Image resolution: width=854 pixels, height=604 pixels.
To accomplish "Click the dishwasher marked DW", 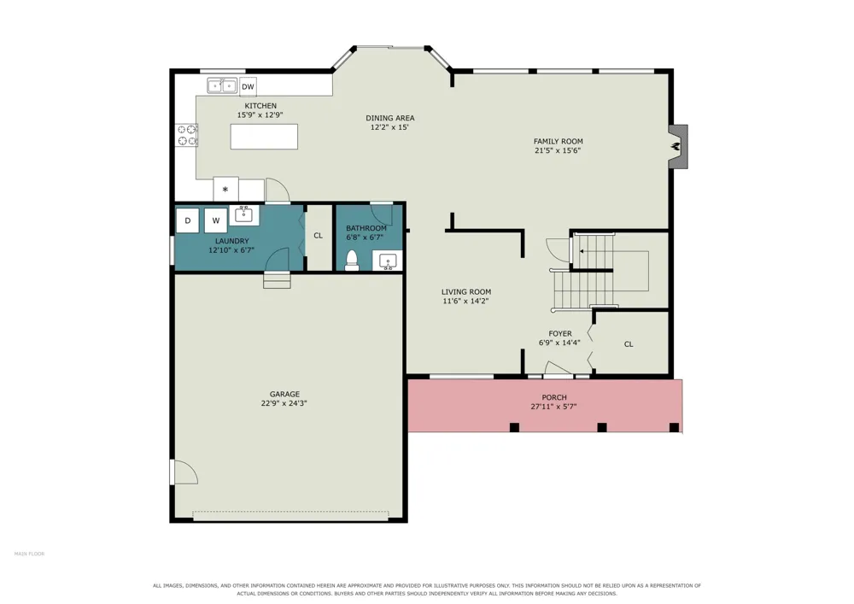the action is tap(248, 86).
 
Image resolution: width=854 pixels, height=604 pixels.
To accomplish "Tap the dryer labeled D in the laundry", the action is tap(188, 220).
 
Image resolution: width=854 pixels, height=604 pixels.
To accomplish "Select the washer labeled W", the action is tap(216, 220).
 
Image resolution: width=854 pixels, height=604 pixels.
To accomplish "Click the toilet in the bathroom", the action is tap(352, 261).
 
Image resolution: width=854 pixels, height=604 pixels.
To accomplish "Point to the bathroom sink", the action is tap(387, 261).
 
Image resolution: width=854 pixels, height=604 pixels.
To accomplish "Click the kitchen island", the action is tap(264, 137).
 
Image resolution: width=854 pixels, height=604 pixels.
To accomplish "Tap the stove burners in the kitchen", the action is tap(186, 135).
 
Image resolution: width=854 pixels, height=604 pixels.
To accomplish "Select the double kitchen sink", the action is tap(222, 85).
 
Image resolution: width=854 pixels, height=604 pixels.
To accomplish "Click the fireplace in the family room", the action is tap(678, 146).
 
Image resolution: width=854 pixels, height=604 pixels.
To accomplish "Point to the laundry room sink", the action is tap(243, 214).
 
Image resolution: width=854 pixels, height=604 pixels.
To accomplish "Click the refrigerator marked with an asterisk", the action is tap(225, 190).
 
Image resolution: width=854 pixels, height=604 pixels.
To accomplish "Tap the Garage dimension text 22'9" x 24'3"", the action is tap(284, 403).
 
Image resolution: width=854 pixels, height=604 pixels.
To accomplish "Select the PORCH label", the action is tap(554, 397).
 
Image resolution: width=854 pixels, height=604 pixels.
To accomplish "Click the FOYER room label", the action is tap(560, 334).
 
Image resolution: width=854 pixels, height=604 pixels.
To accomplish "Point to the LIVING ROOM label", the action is tap(466, 292).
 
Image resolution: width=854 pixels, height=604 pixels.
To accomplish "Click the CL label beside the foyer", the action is tap(629, 344).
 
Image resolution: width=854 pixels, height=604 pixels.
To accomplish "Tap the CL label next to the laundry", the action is tap(318, 236).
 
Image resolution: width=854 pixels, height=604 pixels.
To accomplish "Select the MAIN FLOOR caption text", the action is tap(29, 554).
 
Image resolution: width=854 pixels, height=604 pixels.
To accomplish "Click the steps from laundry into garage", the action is tap(278, 279).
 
